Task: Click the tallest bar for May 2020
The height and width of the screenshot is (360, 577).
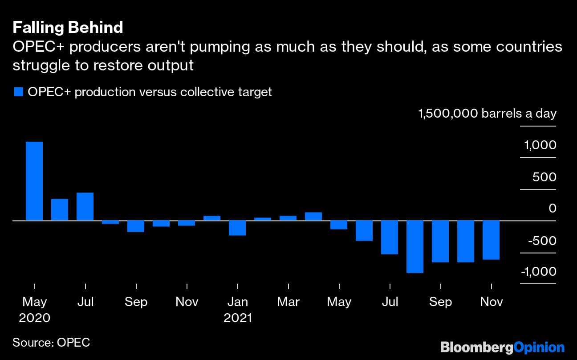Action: [x=34, y=181]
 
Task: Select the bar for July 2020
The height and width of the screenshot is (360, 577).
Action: [x=85, y=206]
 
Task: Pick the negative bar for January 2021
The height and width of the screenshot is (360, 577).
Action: [x=237, y=228]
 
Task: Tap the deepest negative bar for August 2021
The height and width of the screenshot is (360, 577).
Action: [x=415, y=246]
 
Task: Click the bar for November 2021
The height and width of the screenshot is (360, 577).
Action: [x=491, y=240]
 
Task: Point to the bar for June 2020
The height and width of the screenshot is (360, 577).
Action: [x=60, y=209]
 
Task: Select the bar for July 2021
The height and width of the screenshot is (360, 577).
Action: [x=390, y=237]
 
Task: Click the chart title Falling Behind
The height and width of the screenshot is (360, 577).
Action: [x=68, y=28]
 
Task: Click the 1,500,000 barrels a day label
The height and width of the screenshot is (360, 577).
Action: [x=487, y=114]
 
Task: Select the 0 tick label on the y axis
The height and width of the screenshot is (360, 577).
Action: [x=553, y=209]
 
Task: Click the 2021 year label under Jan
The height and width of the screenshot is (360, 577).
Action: [x=237, y=318]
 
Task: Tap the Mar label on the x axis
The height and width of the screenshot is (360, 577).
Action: [x=288, y=302]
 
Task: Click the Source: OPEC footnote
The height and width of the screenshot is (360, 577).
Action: [x=51, y=342]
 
